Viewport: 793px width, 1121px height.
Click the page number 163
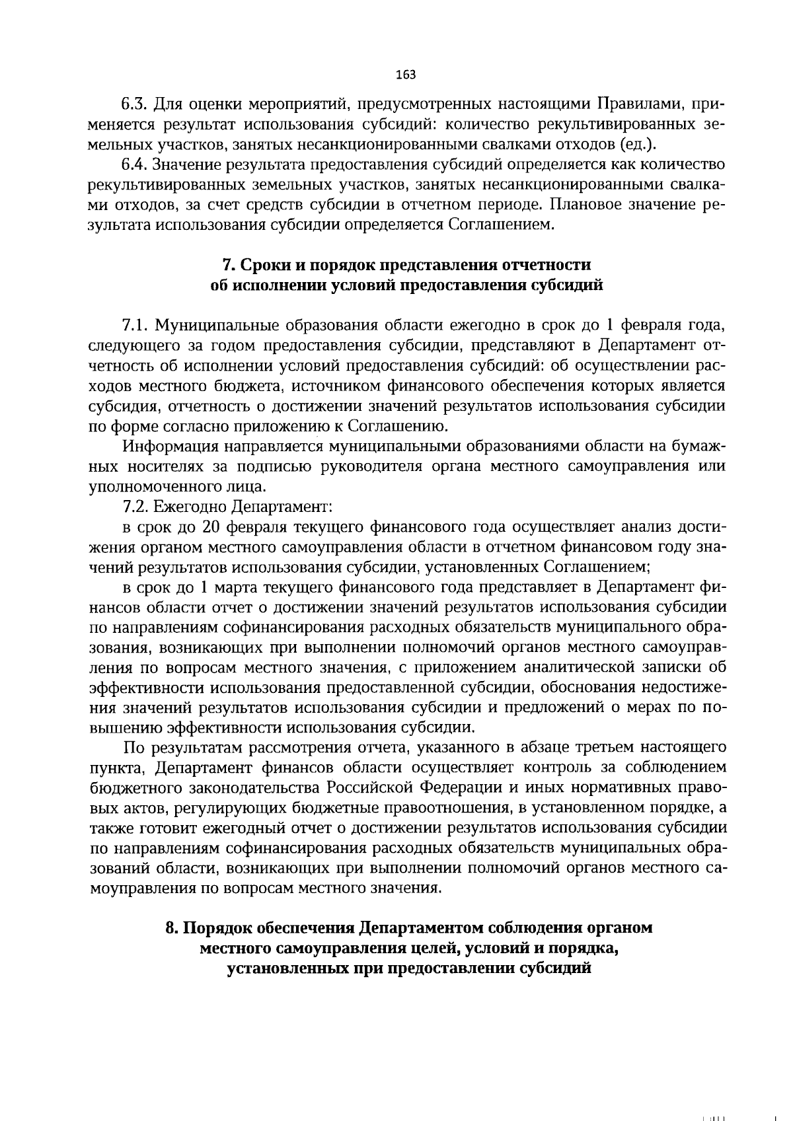tap(405, 75)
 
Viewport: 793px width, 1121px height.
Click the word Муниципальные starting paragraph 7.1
tap(212, 326)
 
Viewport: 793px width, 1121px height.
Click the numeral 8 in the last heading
tap(170, 928)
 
